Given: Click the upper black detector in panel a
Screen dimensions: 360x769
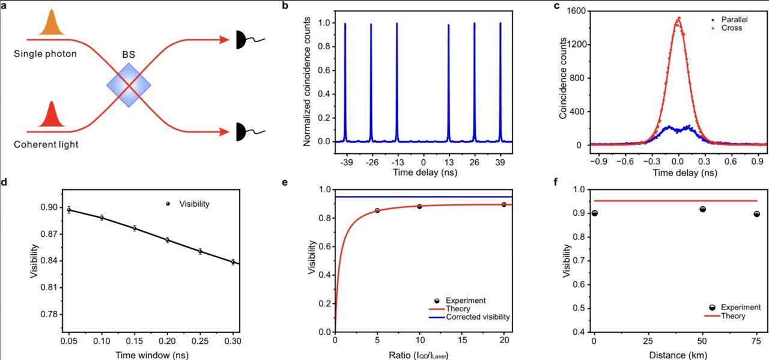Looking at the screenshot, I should pyautogui.click(x=240, y=40).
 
